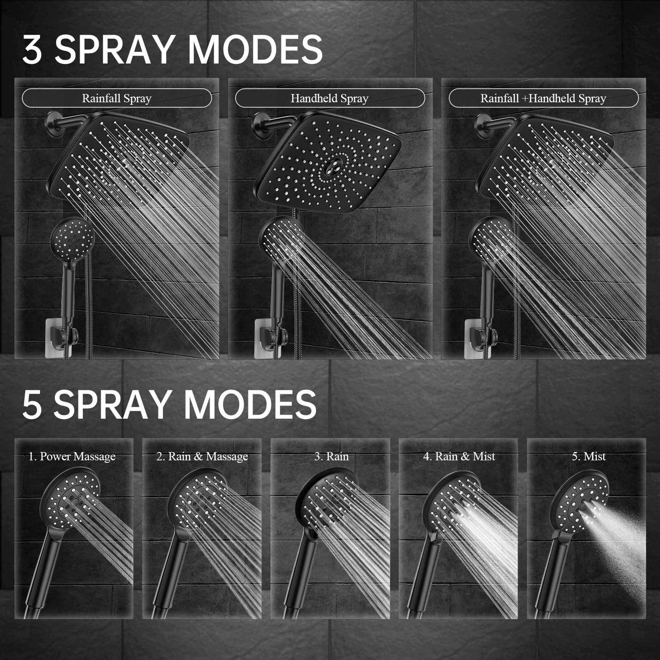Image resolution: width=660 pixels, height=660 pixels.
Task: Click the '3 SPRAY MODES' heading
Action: (x=172, y=49)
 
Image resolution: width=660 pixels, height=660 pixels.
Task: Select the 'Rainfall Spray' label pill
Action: (x=117, y=99)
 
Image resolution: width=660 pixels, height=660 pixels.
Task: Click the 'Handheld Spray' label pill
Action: (x=330, y=99)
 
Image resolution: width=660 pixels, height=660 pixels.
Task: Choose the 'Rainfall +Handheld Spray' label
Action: (x=543, y=99)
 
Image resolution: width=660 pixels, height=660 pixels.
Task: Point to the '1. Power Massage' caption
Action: (x=72, y=457)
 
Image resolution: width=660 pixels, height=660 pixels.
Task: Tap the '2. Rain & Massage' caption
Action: (x=202, y=457)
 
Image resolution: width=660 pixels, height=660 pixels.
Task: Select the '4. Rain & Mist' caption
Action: (x=459, y=457)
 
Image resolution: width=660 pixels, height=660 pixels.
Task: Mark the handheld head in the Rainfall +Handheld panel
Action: (x=491, y=237)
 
